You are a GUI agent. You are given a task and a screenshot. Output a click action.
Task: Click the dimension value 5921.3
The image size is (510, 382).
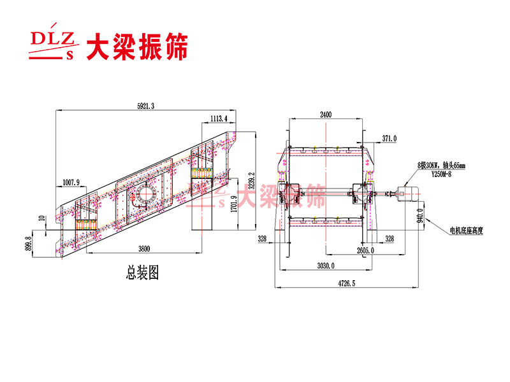pos(145,106)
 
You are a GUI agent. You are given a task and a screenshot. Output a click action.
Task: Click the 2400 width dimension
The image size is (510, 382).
pos(326,115)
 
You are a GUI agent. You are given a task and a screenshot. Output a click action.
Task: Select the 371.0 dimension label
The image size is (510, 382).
pos(389,138)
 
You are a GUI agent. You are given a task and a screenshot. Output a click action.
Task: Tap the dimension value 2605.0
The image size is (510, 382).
pos(365,251)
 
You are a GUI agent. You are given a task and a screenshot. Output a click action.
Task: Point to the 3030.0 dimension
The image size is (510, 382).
pos(326,266)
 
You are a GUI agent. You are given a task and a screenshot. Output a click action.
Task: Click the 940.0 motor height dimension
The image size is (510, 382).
pos(419,218)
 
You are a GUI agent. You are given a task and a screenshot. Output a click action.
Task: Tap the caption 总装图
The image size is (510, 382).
pos(142,274)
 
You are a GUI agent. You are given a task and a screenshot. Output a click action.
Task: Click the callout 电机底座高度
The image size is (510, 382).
pos(466,230)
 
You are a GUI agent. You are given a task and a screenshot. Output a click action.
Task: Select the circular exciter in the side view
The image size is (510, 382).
pos(143,195)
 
